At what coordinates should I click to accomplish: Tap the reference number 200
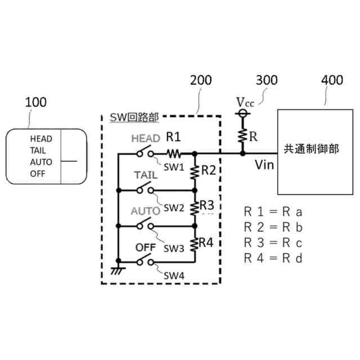[201, 80]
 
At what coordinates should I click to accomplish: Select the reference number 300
[266, 80]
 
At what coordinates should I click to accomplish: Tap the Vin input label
[264, 165]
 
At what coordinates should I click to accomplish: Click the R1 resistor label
[173, 136]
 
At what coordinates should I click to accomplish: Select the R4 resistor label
[206, 243]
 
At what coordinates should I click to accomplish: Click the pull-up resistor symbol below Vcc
[242, 135]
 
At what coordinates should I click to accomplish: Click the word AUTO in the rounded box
[42, 162]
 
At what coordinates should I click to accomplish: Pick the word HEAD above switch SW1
[146, 138]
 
